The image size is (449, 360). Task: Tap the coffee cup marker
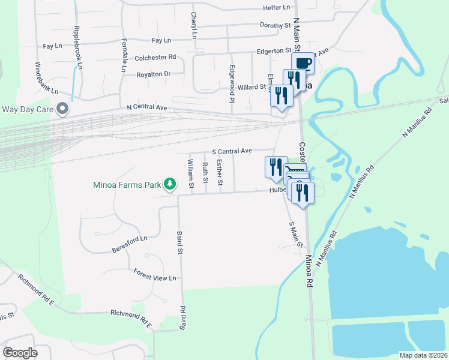(x=303, y=64)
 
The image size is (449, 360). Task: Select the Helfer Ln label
(x=276, y=8)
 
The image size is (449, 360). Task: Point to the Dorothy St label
(x=275, y=25)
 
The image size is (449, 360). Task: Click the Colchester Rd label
(x=155, y=58)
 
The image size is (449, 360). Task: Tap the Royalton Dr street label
(x=154, y=74)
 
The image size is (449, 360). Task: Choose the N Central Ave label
(x=146, y=107)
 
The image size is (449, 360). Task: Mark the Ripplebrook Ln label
(x=77, y=46)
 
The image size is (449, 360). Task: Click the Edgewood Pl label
(x=231, y=83)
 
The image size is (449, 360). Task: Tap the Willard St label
(x=252, y=87)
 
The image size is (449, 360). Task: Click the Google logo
(x=20, y=352)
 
